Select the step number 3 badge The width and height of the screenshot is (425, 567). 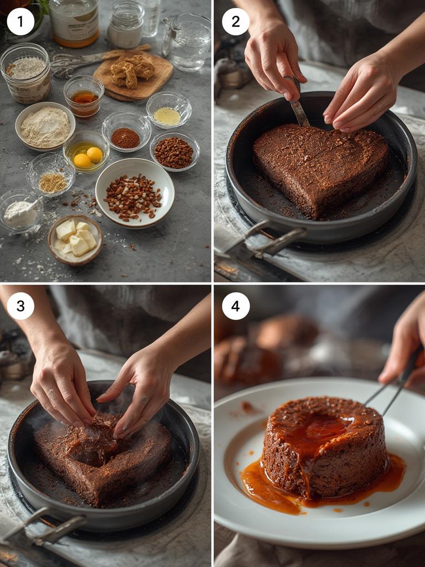(x=20, y=306)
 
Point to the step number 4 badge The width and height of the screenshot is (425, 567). (x=236, y=306)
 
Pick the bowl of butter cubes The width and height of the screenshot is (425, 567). (x=75, y=240)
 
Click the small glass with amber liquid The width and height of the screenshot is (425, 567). (x=84, y=96)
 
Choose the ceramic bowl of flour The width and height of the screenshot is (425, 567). (x=45, y=126)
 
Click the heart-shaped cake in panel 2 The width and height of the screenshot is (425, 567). (x=319, y=166)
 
